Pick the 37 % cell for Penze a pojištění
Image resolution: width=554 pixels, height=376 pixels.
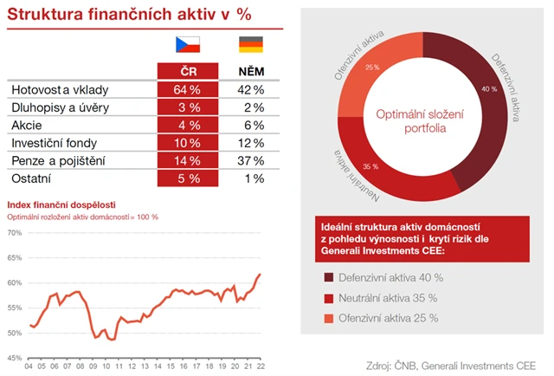click(x=251, y=161)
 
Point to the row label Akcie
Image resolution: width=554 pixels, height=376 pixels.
click(x=25, y=125)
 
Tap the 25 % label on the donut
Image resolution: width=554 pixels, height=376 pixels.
click(x=371, y=68)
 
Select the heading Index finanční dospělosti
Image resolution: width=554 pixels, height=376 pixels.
click(x=62, y=204)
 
